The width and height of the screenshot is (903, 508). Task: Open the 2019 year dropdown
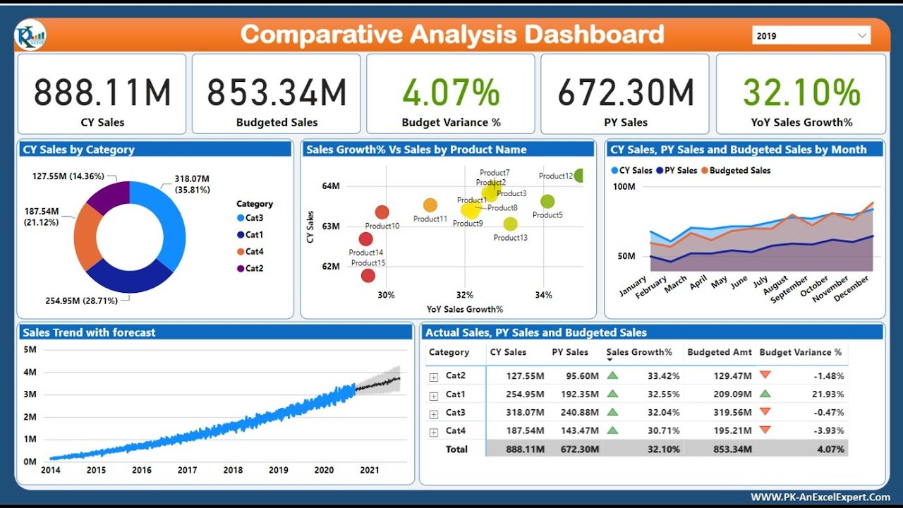click(811, 36)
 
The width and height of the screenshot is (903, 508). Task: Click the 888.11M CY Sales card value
click(102, 92)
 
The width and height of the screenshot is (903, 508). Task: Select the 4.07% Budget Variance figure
click(451, 92)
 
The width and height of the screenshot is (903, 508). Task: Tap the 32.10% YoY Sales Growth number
click(801, 92)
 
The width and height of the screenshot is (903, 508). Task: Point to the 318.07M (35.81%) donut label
click(191, 185)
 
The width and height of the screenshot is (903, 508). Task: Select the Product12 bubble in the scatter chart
click(580, 176)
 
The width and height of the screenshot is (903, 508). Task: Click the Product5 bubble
click(547, 202)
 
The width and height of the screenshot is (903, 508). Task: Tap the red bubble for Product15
click(368, 275)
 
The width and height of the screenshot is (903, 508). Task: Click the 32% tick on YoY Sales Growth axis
click(465, 295)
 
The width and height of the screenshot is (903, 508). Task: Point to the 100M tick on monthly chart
click(624, 187)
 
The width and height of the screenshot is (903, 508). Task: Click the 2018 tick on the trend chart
click(233, 470)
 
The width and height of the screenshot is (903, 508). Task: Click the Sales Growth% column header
click(639, 352)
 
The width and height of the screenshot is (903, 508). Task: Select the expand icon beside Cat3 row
click(434, 413)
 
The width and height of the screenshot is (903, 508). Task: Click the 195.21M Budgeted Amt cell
click(732, 431)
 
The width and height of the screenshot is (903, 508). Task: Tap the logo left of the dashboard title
click(30, 35)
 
